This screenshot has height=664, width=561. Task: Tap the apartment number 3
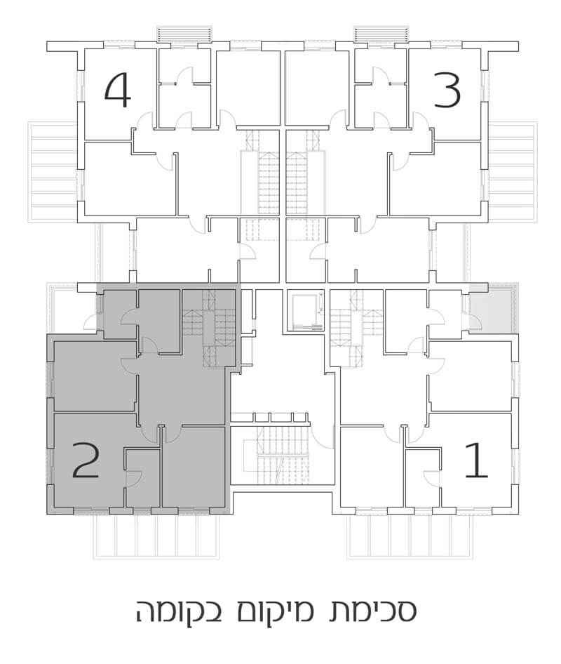[447, 91]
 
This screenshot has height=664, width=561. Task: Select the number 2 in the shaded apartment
[86, 461]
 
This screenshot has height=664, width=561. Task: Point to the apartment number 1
[476, 461]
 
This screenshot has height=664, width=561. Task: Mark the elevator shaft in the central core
[305, 311]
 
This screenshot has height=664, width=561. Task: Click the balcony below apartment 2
[156, 538]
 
